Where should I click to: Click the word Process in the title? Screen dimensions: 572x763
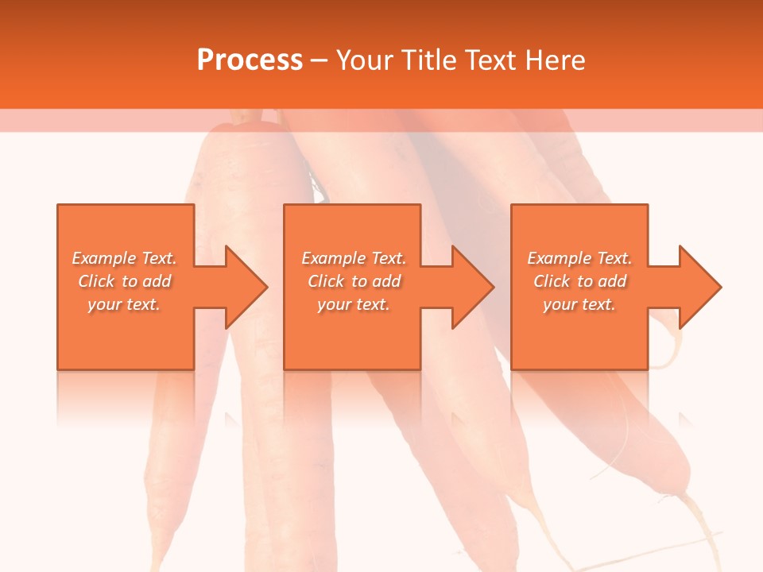tap(250, 60)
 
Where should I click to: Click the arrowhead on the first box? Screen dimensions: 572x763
tap(242, 287)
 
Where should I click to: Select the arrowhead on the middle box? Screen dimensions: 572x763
tap(469, 287)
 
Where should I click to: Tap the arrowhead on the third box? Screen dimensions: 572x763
tap(695, 287)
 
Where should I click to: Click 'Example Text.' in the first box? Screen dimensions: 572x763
tap(124, 258)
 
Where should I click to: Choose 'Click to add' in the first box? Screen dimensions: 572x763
tap(124, 281)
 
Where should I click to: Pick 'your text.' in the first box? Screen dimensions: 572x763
tap(124, 304)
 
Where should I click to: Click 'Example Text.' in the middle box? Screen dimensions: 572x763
tap(354, 258)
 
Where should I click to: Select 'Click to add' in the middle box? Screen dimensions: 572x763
tap(354, 281)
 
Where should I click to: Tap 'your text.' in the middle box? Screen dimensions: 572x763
tap(354, 304)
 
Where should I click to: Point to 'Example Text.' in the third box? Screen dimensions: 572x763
tap(579, 258)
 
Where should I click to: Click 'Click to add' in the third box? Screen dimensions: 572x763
tap(579, 281)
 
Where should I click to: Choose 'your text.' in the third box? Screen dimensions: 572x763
tap(579, 304)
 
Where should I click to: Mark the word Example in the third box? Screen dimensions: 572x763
tap(560, 258)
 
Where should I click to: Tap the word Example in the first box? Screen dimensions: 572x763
tap(104, 258)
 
